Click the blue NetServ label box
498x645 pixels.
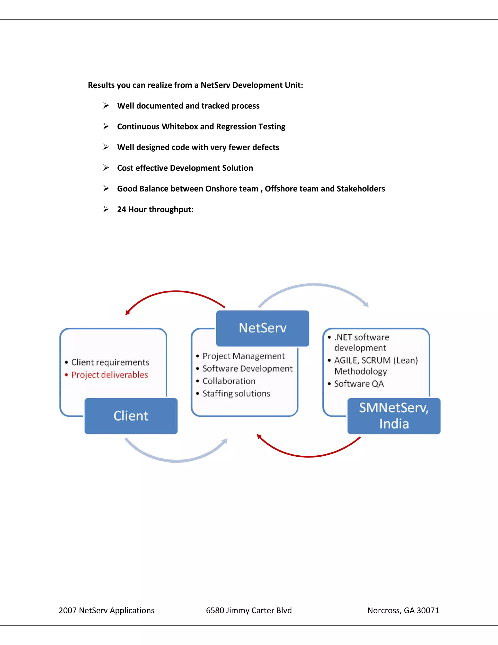pos(263,328)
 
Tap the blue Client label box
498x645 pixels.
pos(131,416)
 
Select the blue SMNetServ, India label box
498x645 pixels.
pos(394,416)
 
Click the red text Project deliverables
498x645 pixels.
pos(109,375)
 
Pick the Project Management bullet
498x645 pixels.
pos(243,356)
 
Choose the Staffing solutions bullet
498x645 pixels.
pos(236,394)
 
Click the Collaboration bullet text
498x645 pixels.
pos(229,381)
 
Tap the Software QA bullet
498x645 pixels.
pos(359,384)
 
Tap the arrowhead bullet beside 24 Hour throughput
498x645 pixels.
pos(106,209)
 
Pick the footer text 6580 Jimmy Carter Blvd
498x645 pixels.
pos(249,610)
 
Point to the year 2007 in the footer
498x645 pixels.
pos(68,610)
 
